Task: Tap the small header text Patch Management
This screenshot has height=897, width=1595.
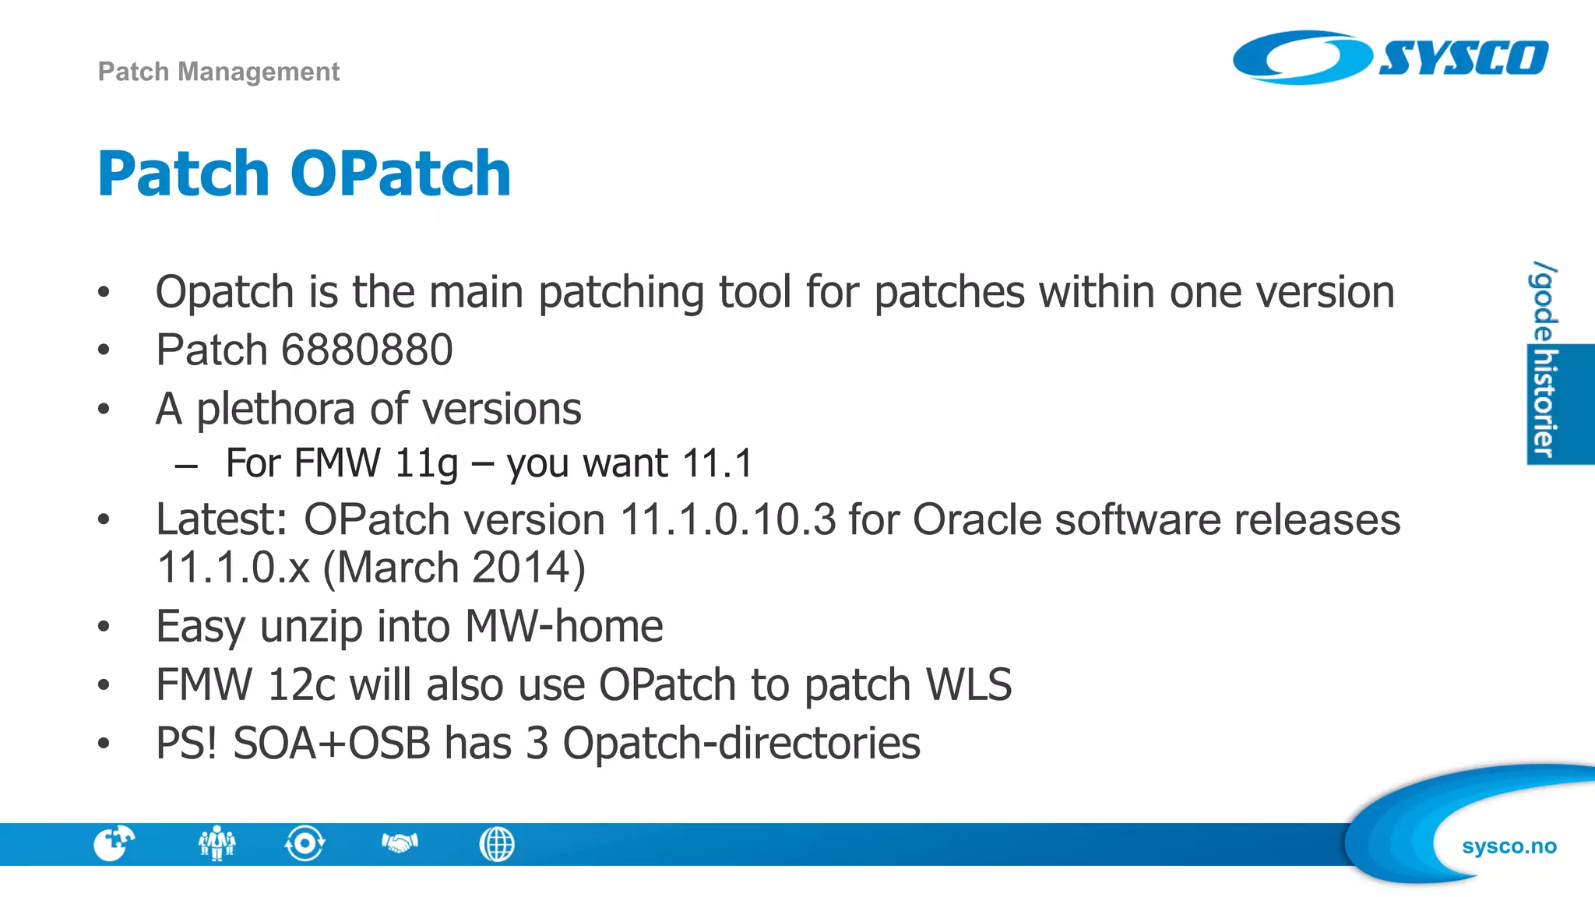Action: [x=218, y=72]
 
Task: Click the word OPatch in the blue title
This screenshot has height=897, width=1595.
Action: [x=400, y=174]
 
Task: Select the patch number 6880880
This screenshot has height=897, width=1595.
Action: [x=367, y=350]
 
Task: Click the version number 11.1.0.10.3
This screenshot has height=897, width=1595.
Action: [x=727, y=519]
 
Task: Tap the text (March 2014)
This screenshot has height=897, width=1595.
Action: [x=453, y=568]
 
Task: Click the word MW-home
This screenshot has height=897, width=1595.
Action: [x=564, y=626]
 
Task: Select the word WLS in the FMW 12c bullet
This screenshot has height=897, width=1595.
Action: [x=969, y=685]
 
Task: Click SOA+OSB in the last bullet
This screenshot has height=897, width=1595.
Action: [x=331, y=743]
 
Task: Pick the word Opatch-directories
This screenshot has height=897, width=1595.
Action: [x=741, y=743]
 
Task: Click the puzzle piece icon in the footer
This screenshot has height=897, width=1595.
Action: [x=114, y=843]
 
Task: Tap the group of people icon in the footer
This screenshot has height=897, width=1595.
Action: [x=217, y=843]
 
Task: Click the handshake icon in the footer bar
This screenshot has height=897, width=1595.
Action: [x=400, y=842]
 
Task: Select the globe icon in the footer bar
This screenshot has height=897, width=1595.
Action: [x=497, y=844]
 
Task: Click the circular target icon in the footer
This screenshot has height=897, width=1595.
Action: [x=305, y=843]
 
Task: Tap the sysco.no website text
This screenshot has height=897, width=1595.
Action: [x=1509, y=846]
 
